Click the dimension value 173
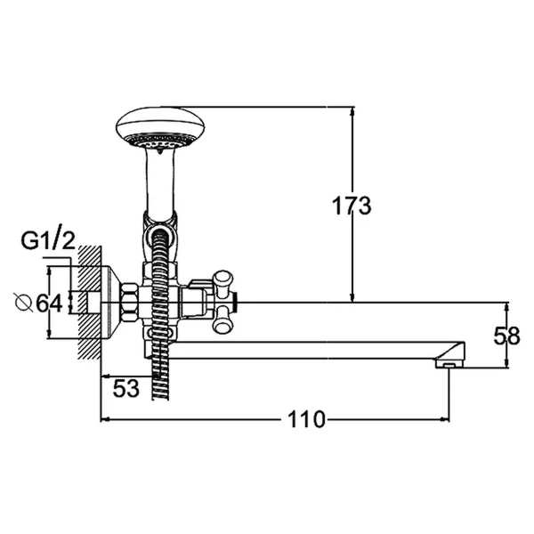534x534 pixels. coord(352,206)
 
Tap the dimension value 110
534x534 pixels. coord(309,418)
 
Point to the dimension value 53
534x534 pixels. coord(126,389)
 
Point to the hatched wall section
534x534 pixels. coord(86,303)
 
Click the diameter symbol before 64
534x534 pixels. coord(24,303)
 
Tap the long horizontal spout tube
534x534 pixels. coord(311,351)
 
